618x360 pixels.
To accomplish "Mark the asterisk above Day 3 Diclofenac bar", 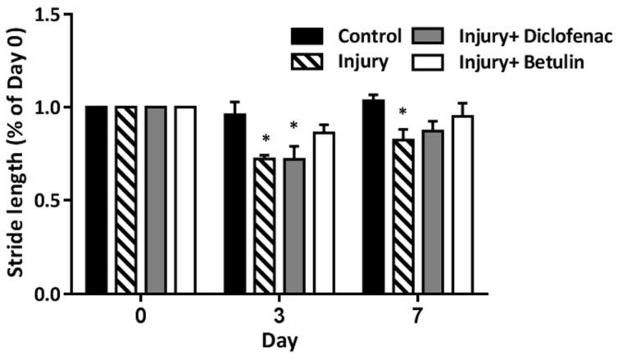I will pos(294,127).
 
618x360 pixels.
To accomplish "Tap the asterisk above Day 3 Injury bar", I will pos(265,139).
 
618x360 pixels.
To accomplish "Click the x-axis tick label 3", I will pos(279,316).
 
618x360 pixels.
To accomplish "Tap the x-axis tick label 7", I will pos(417,316).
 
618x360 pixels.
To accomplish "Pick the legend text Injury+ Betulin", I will pos(517,60).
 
